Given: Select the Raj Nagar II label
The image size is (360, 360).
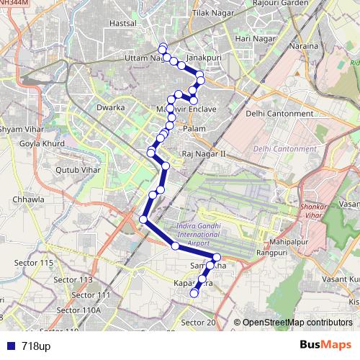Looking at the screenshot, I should click(x=204, y=154).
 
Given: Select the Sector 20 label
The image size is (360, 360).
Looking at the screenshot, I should click(x=199, y=323).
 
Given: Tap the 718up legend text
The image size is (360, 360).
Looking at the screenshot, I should click(x=36, y=346).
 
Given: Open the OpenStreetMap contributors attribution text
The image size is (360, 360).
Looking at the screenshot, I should click(x=297, y=323).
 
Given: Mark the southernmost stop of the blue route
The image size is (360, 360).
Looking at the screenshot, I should click(x=193, y=293).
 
